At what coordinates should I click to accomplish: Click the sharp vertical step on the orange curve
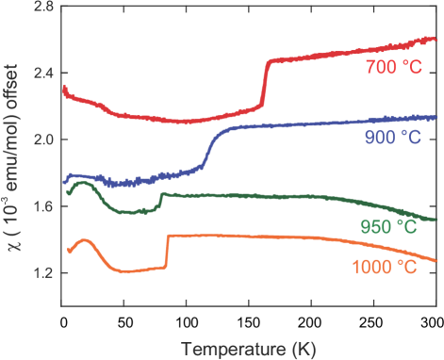[167, 252]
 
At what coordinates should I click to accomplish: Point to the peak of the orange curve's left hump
[86, 241]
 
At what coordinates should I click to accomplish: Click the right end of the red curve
[435, 39]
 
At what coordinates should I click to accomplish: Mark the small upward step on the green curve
[160, 200]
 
